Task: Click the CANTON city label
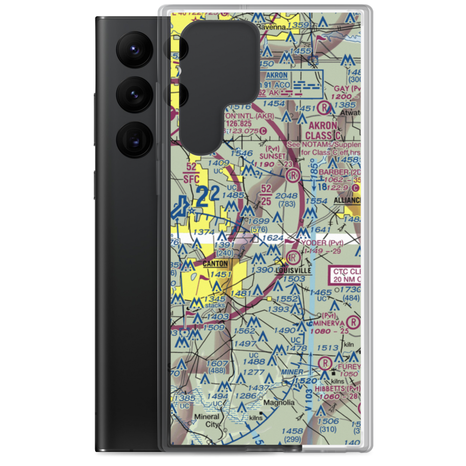(x=215, y=264)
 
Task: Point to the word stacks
(x=214, y=305)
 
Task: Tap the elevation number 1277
(x=254, y=372)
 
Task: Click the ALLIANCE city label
(x=348, y=200)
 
